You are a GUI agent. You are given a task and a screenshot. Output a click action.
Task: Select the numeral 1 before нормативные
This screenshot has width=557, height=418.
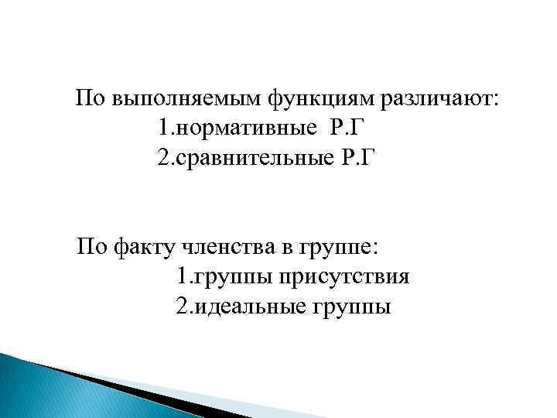160,128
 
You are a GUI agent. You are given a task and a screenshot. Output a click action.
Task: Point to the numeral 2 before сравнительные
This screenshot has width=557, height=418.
161,157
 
